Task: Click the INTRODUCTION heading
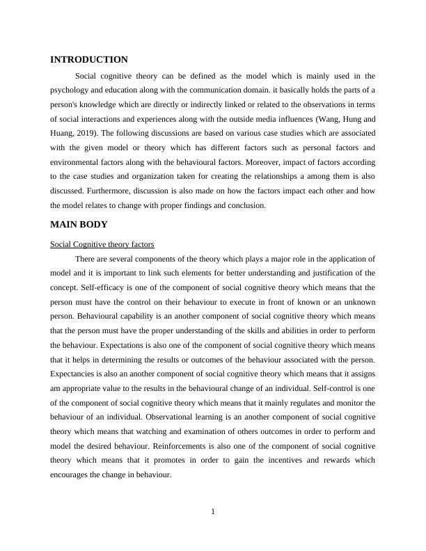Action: coord(89,60)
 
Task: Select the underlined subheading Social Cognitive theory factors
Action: coord(102,244)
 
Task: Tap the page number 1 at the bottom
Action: coord(213,512)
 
